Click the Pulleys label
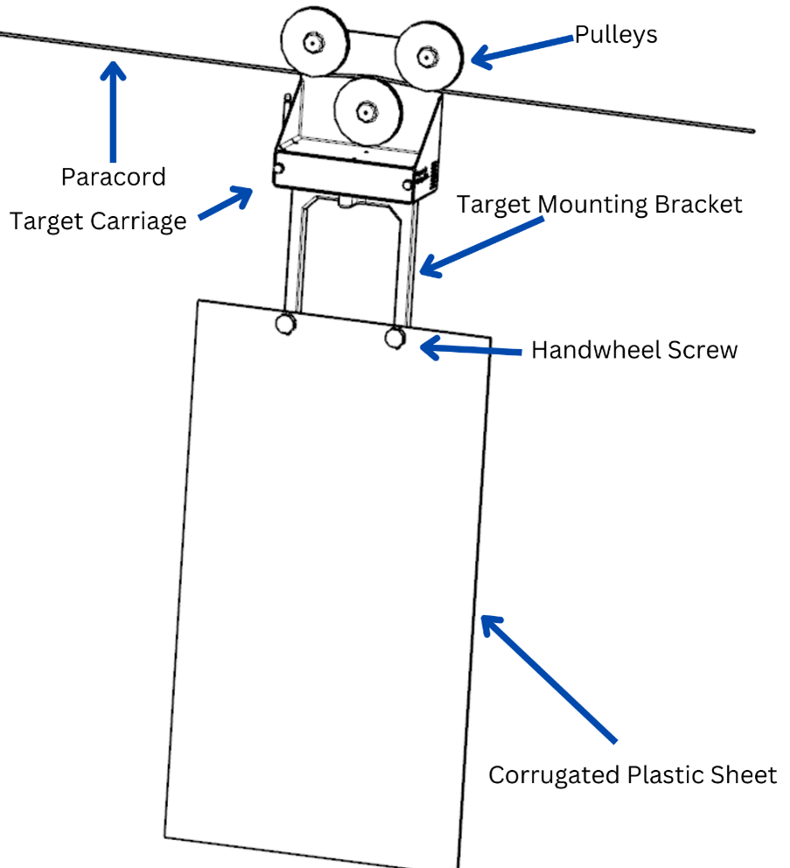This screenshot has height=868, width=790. [x=616, y=35]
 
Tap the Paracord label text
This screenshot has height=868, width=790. [x=113, y=177]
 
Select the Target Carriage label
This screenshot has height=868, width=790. [x=98, y=220]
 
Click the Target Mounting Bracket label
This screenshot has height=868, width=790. [x=599, y=204]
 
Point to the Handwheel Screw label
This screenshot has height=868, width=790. [x=634, y=350]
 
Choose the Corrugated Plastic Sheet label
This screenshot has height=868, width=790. [x=632, y=774]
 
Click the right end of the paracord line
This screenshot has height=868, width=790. [x=751, y=130]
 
